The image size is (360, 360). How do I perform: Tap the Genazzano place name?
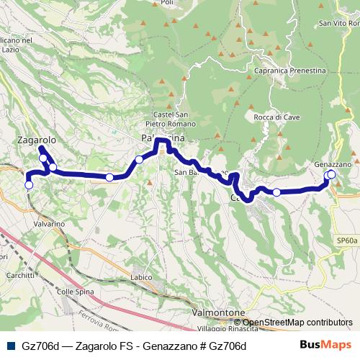click(x=333, y=164)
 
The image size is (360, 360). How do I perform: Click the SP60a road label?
click(x=346, y=241)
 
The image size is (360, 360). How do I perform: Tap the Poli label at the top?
click(x=168, y=3)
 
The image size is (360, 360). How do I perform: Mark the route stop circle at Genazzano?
click(x=331, y=174)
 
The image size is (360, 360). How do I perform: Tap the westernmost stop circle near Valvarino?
click(x=29, y=185)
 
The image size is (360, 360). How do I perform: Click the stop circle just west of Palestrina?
click(x=139, y=160)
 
